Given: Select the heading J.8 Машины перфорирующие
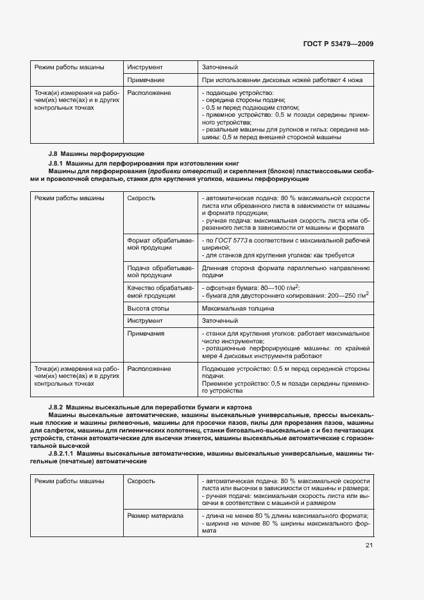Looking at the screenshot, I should [x=96, y=154].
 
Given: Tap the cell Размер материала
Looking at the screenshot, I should [x=155, y=516].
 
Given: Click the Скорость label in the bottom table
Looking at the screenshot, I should [x=141, y=481].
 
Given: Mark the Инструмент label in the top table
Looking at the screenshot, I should [x=145, y=67].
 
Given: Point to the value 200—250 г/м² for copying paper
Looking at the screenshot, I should [x=344, y=295].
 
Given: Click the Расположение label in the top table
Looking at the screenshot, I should [x=149, y=93].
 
